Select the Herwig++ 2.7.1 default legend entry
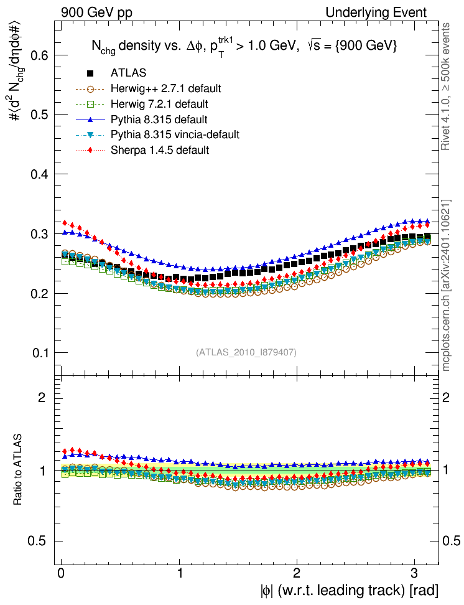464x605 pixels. click(x=166, y=88)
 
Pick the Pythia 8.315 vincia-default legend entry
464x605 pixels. click(x=175, y=134)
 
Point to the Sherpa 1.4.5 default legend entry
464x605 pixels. click(x=159, y=150)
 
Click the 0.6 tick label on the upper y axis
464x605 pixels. click(x=40, y=55)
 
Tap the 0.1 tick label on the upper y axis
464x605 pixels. click(x=40, y=353)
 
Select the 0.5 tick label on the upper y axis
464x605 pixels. click(x=40, y=115)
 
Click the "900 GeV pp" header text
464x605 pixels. click(x=96, y=12)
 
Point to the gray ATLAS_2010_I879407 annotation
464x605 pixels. click(x=246, y=352)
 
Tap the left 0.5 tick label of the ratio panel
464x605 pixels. click(x=40, y=541)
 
